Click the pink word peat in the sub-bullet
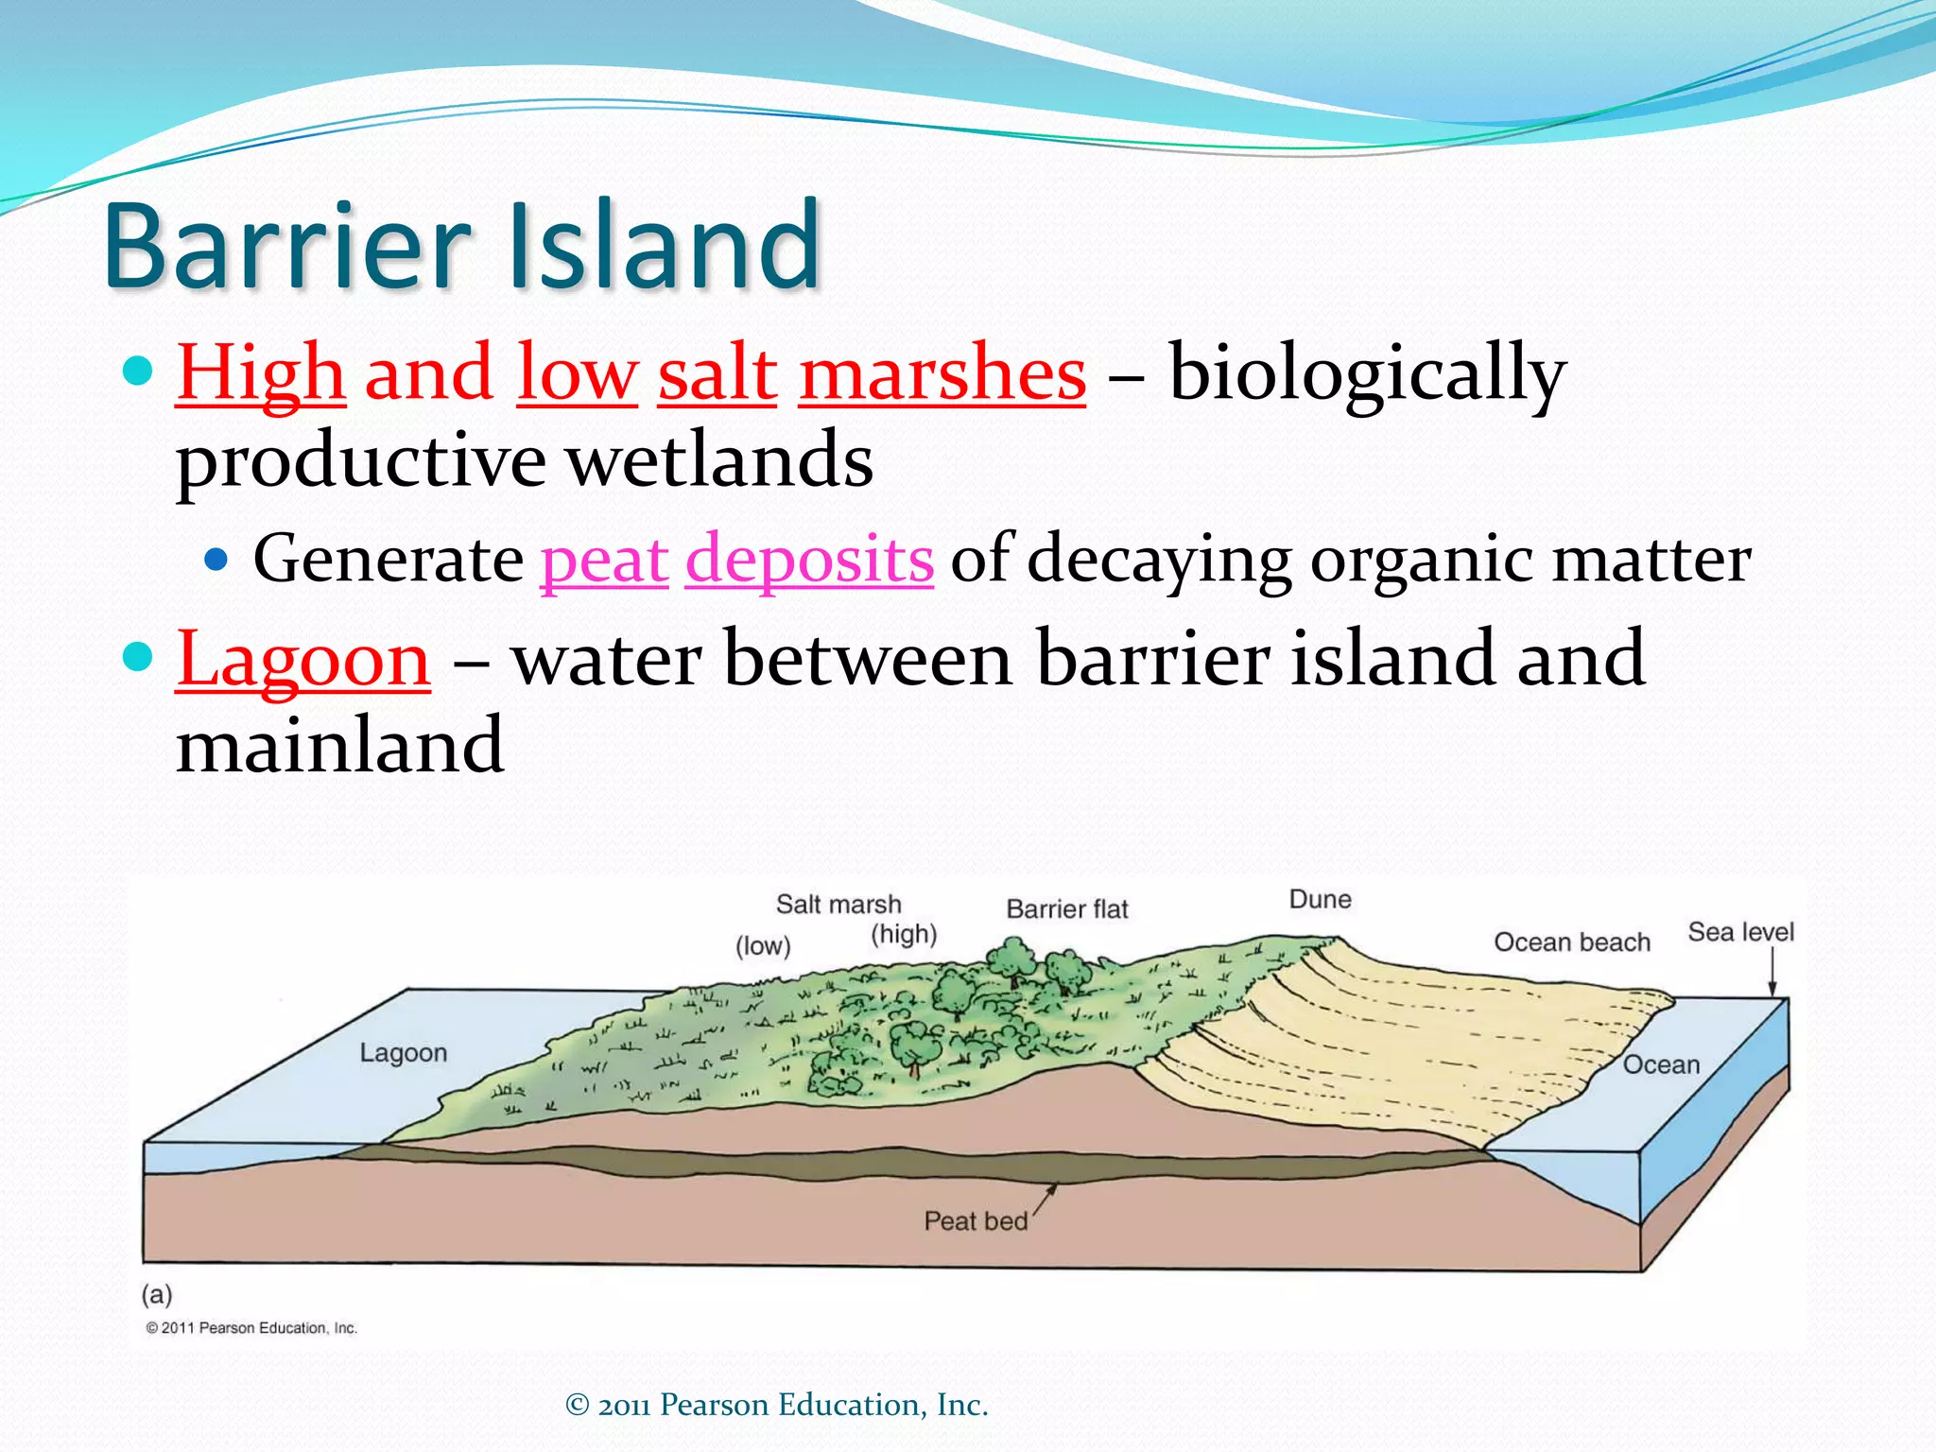604,560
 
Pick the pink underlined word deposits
809,560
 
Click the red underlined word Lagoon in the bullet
303,659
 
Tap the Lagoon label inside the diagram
404,1053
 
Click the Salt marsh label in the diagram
838,905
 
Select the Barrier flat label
1067,909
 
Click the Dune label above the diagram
1320,899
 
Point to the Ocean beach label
1572,942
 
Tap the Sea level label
1740,932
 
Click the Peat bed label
976,1221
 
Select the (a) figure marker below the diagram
157,1293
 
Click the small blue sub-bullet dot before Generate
216,560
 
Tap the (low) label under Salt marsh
763,946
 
